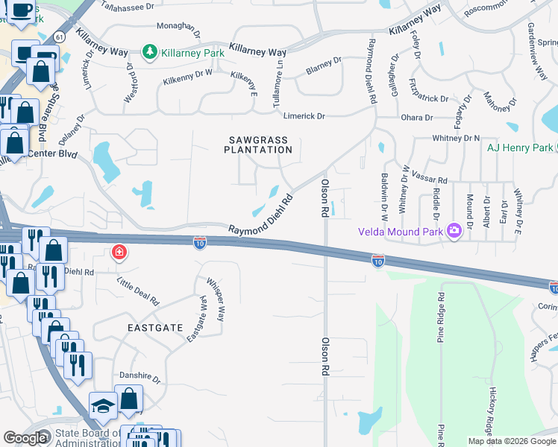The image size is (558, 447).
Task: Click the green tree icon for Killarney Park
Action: coord(150,52)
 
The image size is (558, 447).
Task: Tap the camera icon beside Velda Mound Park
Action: coord(453,231)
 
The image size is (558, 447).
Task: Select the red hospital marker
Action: coord(118,253)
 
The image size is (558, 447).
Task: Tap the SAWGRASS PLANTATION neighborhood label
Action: coord(254,144)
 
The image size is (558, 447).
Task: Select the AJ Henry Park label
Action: coord(520,148)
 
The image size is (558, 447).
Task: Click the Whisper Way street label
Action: coord(216,299)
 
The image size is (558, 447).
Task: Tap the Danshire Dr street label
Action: coord(139,378)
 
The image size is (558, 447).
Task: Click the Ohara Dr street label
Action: coord(418,118)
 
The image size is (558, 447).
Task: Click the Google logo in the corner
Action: coord(25,438)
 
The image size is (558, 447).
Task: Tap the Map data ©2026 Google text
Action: coord(512,441)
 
